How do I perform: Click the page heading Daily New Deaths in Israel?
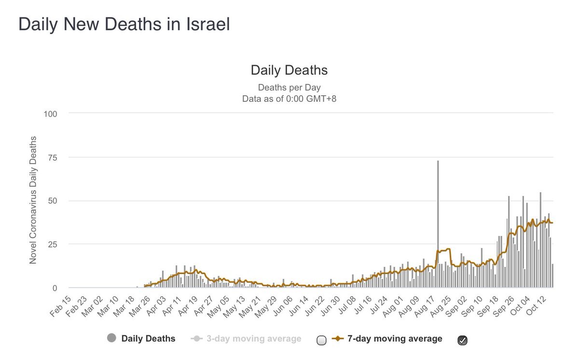click(124, 24)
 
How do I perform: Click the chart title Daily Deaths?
click(289, 70)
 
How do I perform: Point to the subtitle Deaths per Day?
click(289, 87)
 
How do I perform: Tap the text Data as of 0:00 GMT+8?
click(289, 99)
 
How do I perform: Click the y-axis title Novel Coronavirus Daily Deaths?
click(33, 200)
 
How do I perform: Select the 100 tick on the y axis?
click(51, 114)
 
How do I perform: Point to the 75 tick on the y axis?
click(53, 157)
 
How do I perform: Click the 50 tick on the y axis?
click(53, 201)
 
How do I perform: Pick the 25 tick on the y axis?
click(53, 244)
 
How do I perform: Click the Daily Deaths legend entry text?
click(148, 339)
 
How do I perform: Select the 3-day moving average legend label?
click(253, 339)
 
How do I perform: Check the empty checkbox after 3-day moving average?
click(321, 340)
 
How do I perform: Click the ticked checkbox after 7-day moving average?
click(462, 340)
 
